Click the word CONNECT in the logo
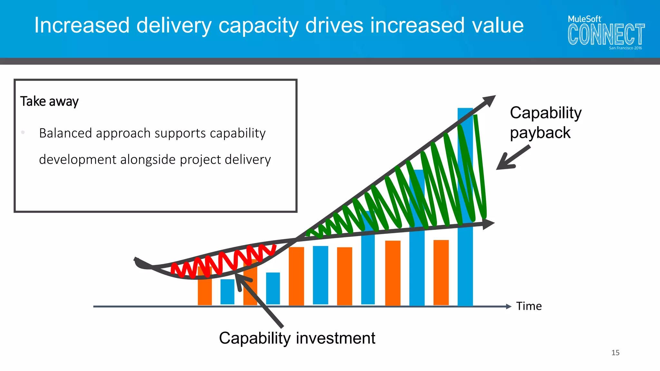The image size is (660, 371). (606, 34)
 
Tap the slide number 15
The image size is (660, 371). (615, 353)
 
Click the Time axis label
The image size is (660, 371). (529, 306)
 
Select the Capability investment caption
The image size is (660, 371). (297, 338)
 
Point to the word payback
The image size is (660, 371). (540, 133)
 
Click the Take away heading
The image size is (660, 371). (49, 101)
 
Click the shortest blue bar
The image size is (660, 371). (227, 291)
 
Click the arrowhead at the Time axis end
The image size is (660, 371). (509, 306)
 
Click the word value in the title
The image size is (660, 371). (498, 25)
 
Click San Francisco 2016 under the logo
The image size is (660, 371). (625, 48)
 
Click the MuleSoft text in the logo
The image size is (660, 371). (584, 19)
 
